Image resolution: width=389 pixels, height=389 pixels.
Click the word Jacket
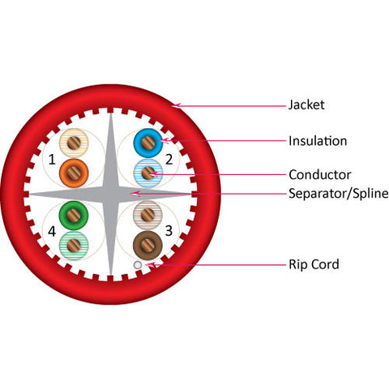[x=306, y=105]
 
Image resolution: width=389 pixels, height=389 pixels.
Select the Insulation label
[x=318, y=141]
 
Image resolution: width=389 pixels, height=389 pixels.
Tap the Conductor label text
[x=320, y=175]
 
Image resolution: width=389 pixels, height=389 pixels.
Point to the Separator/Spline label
[x=339, y=194]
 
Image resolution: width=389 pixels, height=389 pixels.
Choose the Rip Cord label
[x=314, y=264]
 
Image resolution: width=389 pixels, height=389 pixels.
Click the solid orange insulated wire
[x=74, y=173]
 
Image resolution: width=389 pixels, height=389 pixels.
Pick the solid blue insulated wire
[x=148, y=143]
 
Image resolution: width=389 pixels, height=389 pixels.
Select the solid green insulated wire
[x=74, y=216]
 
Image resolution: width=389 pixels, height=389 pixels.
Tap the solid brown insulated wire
[x=147, y=246]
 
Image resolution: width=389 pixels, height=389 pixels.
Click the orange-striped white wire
[x=74, y=143]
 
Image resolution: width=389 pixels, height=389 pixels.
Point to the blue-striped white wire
[x=148, y=173]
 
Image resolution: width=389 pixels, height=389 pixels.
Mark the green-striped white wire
[x=74, y=246]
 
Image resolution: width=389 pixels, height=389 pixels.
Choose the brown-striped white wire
[x=147, y=216]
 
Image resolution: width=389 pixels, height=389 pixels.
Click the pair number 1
[x=52, y=160]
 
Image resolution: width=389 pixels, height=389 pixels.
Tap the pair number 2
[x=169, y=160]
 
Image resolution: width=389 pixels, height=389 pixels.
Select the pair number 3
[x=169, y=231]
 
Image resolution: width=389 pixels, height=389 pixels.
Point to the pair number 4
[x=52, y=232]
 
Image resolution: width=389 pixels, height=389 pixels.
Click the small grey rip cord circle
[x=138, y=265]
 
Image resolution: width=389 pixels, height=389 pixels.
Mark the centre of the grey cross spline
[x=111, y=194]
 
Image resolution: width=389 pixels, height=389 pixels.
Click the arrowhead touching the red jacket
[x=177, y=105]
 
